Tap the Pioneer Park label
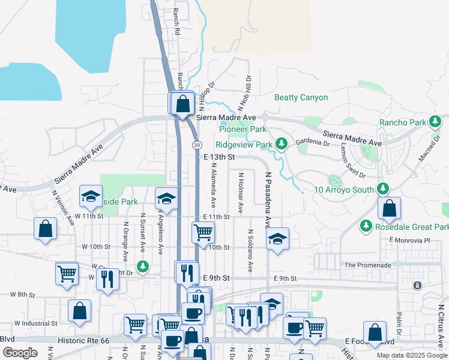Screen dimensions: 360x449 (243, 129)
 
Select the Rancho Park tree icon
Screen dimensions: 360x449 (435, 122)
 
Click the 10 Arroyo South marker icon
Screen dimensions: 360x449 (333, 181)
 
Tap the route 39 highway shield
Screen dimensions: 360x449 (197, 145)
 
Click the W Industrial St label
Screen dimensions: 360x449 (35, 323)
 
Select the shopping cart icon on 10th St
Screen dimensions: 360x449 (203, 232)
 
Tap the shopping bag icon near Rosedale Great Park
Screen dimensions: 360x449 (390, 208)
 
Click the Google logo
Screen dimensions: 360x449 (20, 352)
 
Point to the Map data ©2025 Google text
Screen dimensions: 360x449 (411, 355)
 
